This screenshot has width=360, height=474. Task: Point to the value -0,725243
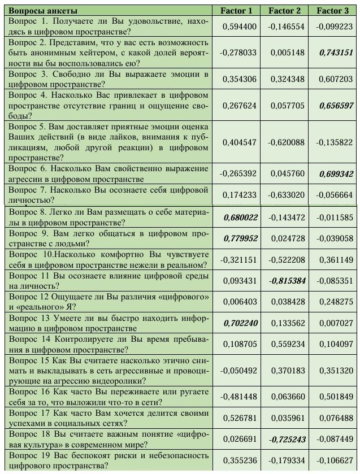287,438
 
